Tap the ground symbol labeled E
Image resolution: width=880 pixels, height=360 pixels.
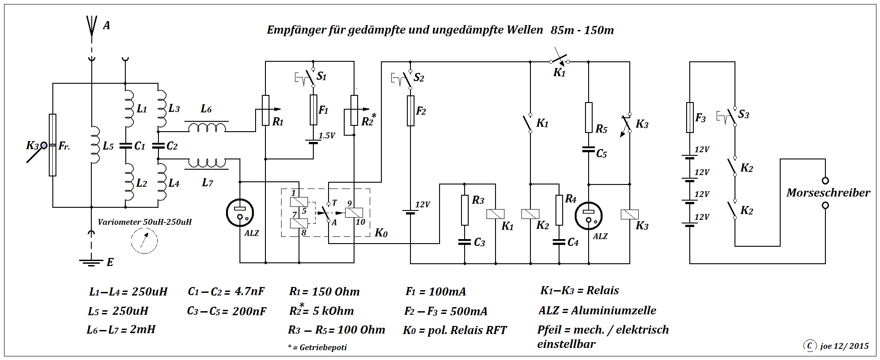pos(91,261)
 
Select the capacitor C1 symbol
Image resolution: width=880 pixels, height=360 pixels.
pos(125,146)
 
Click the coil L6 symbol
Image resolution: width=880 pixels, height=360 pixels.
pos(207,128)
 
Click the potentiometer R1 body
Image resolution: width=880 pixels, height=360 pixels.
pos(265,110)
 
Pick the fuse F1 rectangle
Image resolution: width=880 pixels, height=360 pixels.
pos(313,110)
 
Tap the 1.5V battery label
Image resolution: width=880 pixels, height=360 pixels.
pos(327,135)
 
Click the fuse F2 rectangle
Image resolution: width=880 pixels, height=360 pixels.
pos(410,111)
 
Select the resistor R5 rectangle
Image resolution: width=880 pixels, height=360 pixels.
pos(589,117)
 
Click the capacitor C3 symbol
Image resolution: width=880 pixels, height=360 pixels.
pos(465,242)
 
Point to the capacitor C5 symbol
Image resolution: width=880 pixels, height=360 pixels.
pos(589,150)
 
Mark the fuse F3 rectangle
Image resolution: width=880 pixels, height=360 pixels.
pos(690,117)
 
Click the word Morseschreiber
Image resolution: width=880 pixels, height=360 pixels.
pos(828,193)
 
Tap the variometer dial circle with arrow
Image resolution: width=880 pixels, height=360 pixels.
pos(144,241)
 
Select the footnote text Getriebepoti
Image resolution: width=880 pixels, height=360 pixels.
pos(323,347)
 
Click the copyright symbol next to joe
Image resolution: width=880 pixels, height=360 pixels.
pos(809,345)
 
